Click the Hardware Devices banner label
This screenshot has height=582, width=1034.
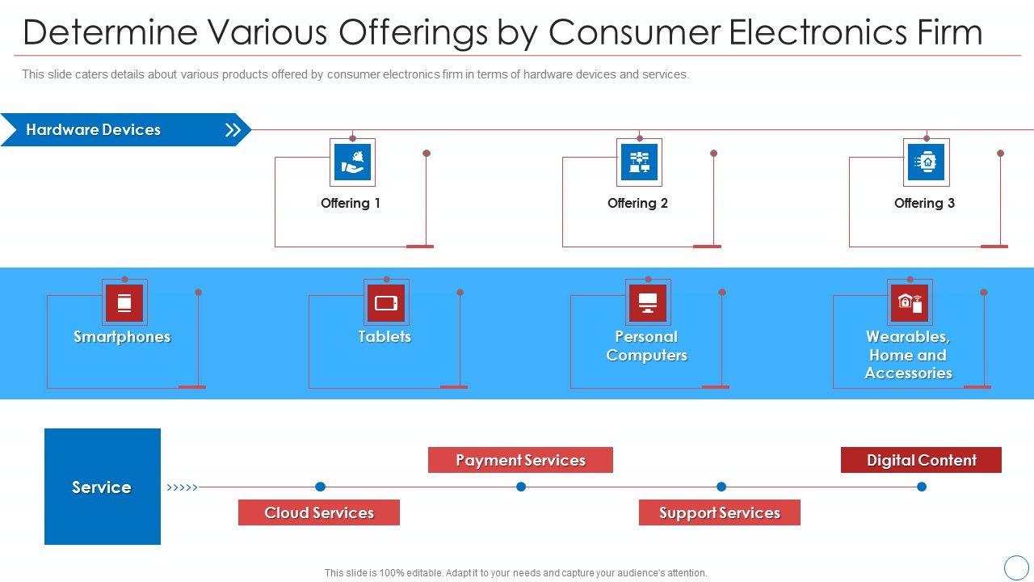tap(93, 130)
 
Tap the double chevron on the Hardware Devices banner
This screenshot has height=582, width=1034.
tap(233, 130)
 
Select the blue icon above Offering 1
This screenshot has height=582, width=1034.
tap(353, 162)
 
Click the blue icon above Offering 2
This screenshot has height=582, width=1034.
tap(639, 162)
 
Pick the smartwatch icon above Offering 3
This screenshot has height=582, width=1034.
tap(926, 162)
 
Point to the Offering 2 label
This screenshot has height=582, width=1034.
tap(637, 204)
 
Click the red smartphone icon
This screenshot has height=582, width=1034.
tap(124, 303)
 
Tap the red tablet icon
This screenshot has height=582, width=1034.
tap(386, 303)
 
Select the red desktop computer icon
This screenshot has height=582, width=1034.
tap(648, 303)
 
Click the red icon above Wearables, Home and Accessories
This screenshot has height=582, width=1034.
tap(910, 303)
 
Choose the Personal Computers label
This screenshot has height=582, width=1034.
tap(646, 346)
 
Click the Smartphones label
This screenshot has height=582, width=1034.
tap(122, 337)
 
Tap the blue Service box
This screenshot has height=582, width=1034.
tap(103, 487)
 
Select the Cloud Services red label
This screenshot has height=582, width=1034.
tap(319, 512)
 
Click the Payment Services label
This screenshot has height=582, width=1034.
tap(520, 460)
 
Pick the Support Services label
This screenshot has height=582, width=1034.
tap(719, 512)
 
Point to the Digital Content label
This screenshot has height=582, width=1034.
tap(921, 460)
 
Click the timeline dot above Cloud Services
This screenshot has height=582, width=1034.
tap(320, 487)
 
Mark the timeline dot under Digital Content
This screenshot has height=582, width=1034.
tap(922, 487)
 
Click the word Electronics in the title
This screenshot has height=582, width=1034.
tap(821, 33)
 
